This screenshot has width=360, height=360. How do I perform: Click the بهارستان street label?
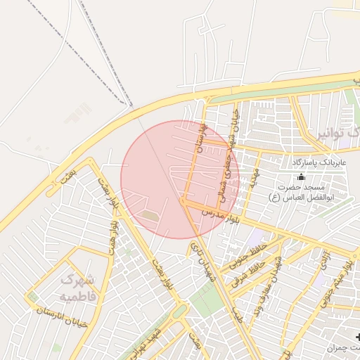point(202,139)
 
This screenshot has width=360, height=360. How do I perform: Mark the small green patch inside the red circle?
point(150,217)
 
